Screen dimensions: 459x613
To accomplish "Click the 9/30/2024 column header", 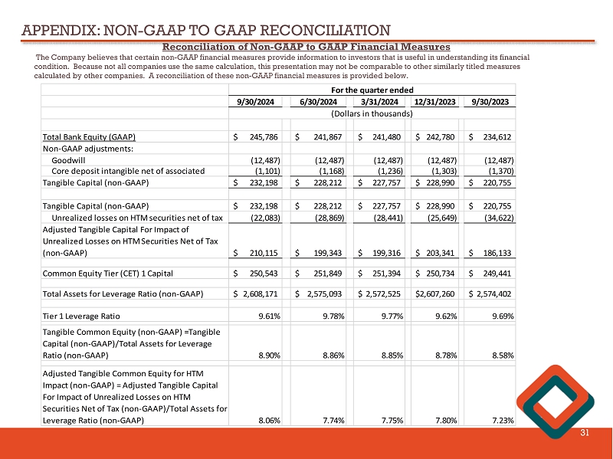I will (x=256, y=102).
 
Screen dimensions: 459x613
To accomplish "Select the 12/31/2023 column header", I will (x=433, y=102).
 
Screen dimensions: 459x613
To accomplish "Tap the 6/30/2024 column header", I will (x=316, y=102).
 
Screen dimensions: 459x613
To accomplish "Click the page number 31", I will (x=585, y=434).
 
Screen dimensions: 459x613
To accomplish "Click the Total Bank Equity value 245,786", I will (x=261, y=137).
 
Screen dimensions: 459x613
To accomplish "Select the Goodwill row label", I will (x=70, y=159).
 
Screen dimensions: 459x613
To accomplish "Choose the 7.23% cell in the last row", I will (x=499, y=420).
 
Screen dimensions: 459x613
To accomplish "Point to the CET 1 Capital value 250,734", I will (x=435, y=273).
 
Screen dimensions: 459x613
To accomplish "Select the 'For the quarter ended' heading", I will (x=372, y=90).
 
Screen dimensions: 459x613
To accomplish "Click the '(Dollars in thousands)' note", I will (x=372, y=113).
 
